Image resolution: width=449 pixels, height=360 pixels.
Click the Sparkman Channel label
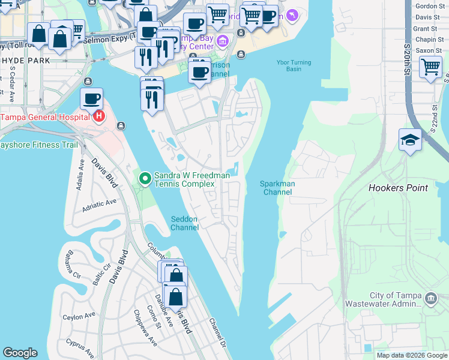pos(276,188)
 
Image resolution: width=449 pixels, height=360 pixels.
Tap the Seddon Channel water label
pos(184,223)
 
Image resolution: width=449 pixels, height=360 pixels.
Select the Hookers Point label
pos(398,188)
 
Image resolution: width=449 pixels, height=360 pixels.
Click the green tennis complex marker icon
pos(145,179)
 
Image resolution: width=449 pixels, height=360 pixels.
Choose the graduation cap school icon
pos(410,140)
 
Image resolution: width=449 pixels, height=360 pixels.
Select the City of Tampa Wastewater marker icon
pos(430,299)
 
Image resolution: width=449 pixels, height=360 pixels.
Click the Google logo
pos(20,353)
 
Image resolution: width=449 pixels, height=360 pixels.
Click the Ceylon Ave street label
pos(79,316)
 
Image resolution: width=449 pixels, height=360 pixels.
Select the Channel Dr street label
pos(217,331)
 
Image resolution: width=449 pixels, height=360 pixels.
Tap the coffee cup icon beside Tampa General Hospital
pos(91,98)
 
